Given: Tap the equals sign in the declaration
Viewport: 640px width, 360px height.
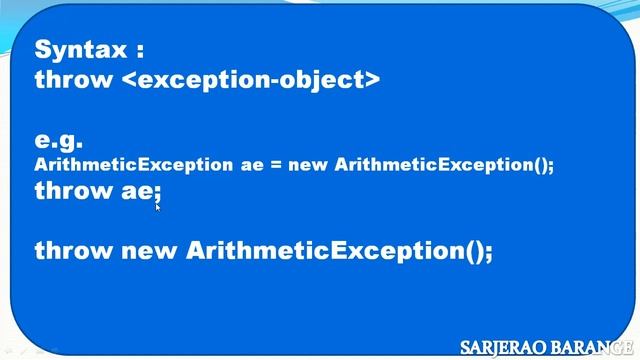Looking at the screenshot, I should (x=275, y=166).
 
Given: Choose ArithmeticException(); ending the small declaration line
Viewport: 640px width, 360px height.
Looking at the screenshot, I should (x=444, y=165).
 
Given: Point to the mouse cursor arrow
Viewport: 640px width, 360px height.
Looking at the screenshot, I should (x=158, y=209).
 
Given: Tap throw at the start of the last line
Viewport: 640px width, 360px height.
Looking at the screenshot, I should (x=73, y=250).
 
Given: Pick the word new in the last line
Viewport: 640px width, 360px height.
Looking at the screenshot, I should (x=150, y=251).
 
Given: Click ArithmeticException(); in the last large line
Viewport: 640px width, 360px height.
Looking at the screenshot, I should (x=340, y=251).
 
